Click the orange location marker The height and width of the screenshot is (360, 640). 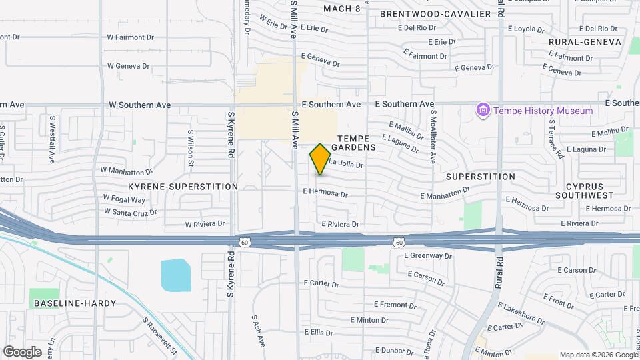[x=320, y=159]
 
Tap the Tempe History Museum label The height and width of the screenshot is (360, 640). [x=543, y=111]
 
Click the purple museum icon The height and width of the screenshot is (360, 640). [x=483, y=110]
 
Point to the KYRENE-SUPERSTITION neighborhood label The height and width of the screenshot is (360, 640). [x=183, y=187]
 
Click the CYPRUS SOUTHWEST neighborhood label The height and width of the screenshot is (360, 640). [x=589, y=191]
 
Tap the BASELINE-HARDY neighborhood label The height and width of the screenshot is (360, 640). [x=74, y=303]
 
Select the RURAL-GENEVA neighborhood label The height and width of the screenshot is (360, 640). [x=585, y=42]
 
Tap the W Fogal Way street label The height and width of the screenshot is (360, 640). [x=124, y=199]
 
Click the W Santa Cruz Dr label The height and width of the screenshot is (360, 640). [x=130, y=211]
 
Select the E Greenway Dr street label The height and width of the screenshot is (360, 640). [x=430, y=255]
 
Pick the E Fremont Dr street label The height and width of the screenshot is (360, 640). [x=395, y=305]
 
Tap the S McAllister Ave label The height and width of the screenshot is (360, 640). [x=433, y=137]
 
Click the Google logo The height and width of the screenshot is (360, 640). [x=23, y=351]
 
